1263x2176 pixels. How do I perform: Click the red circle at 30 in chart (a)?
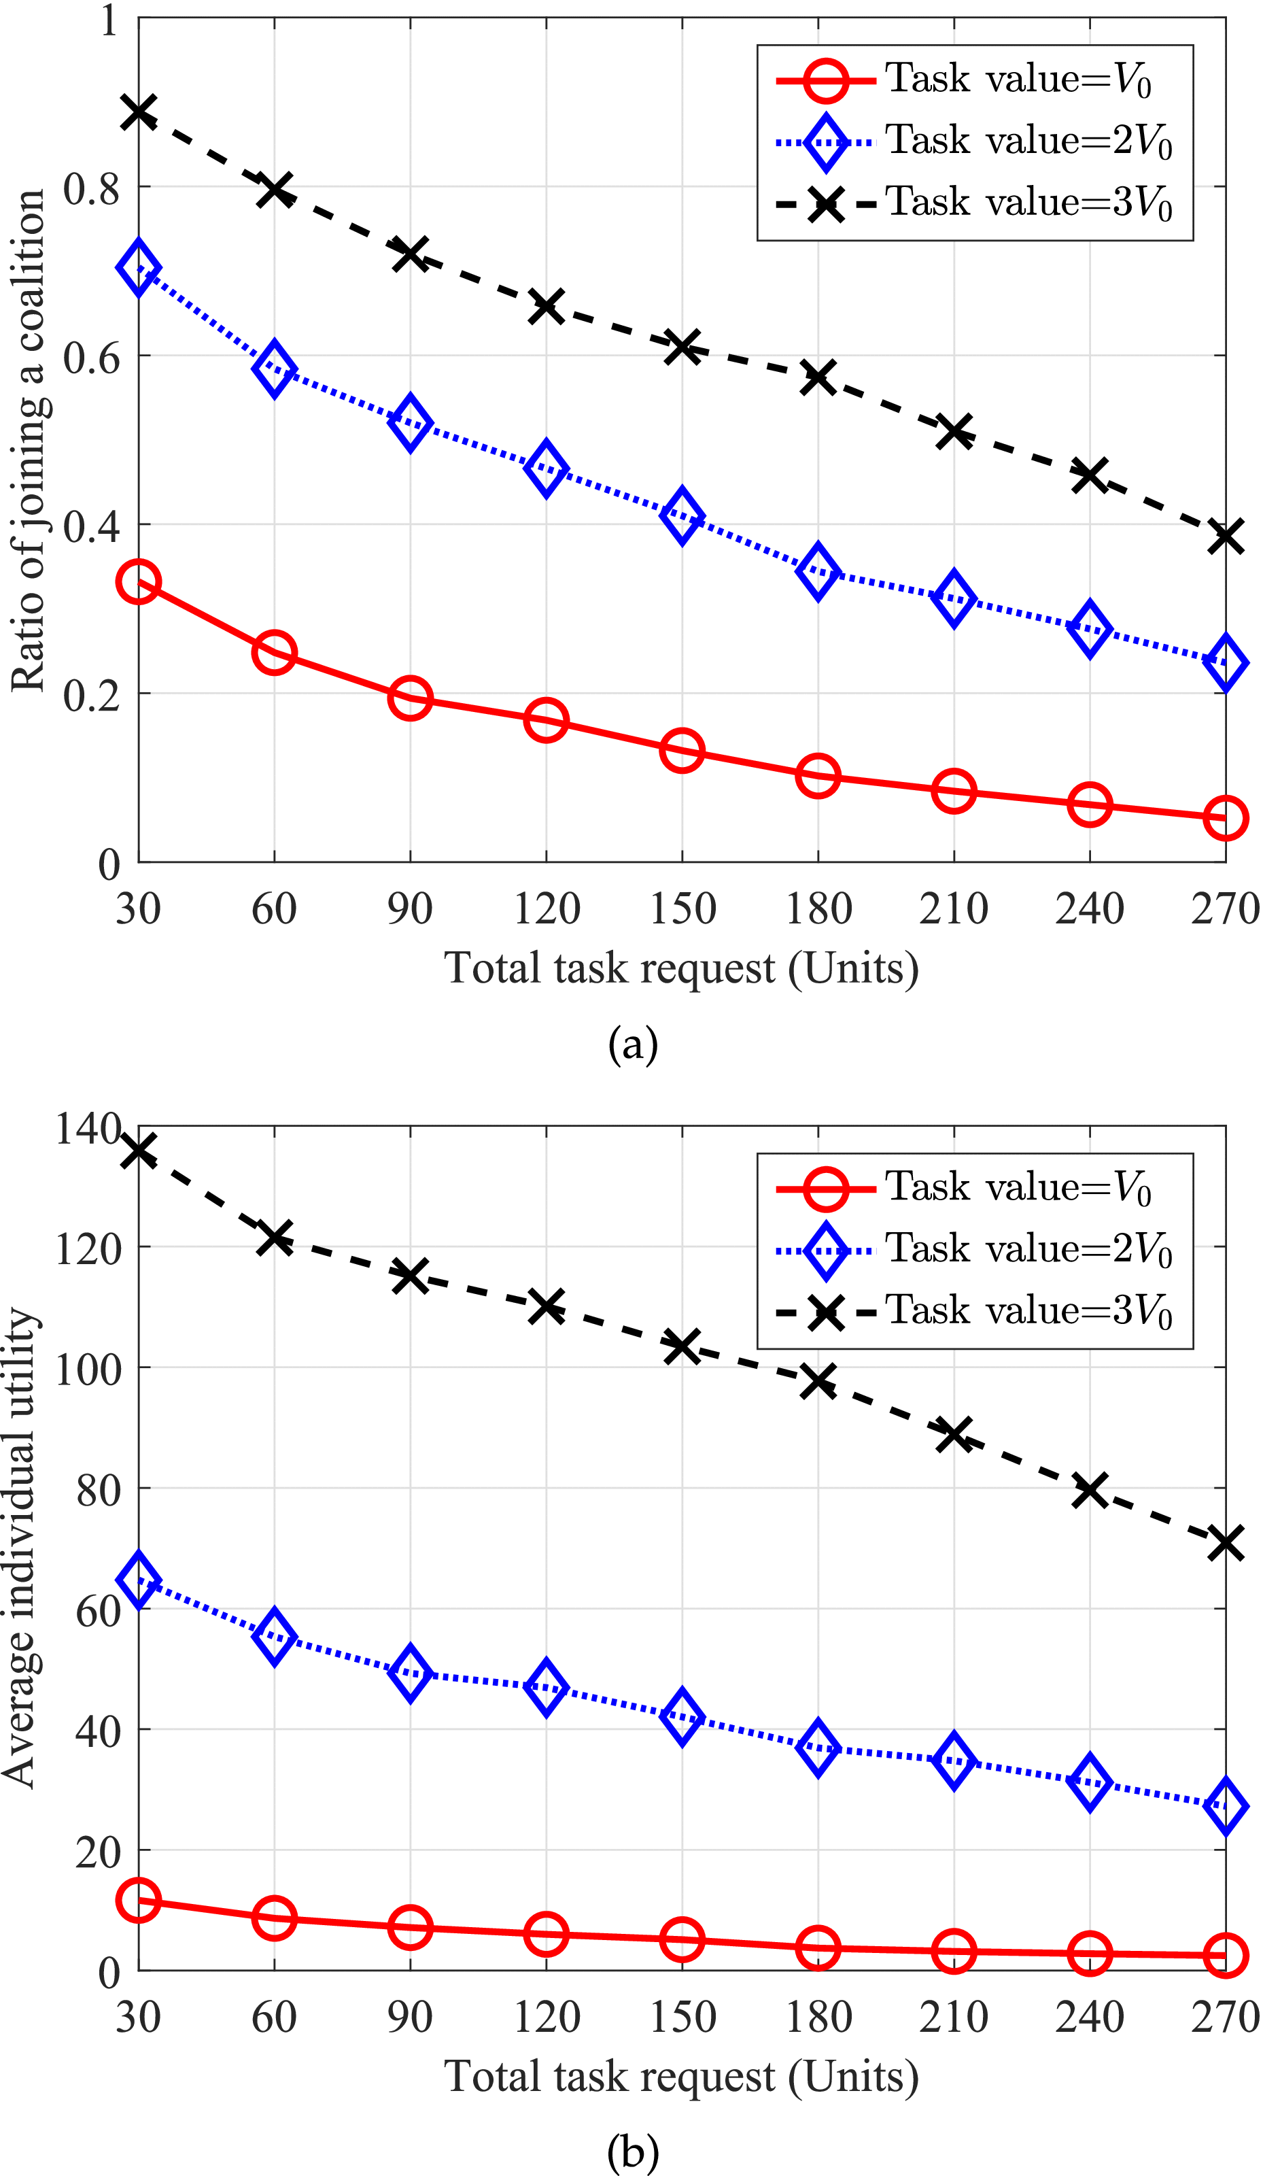(x=138, y=581)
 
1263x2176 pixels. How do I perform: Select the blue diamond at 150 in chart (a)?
(x=682, y=515)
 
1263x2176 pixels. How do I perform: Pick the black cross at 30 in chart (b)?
(x=138, y=1151)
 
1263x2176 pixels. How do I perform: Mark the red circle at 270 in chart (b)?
(x=1225, y=1955)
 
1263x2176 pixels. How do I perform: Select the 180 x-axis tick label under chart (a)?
(x=818, y=909)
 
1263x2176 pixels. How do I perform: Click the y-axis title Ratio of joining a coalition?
(x=28, y=441)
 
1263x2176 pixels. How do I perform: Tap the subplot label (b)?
(x=633, y=2153)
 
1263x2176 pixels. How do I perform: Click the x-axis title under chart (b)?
(x=681, y=2077)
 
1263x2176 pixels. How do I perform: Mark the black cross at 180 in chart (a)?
(x=818, y=377)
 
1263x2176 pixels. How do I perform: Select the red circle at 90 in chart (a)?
(x=410, y=697)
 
